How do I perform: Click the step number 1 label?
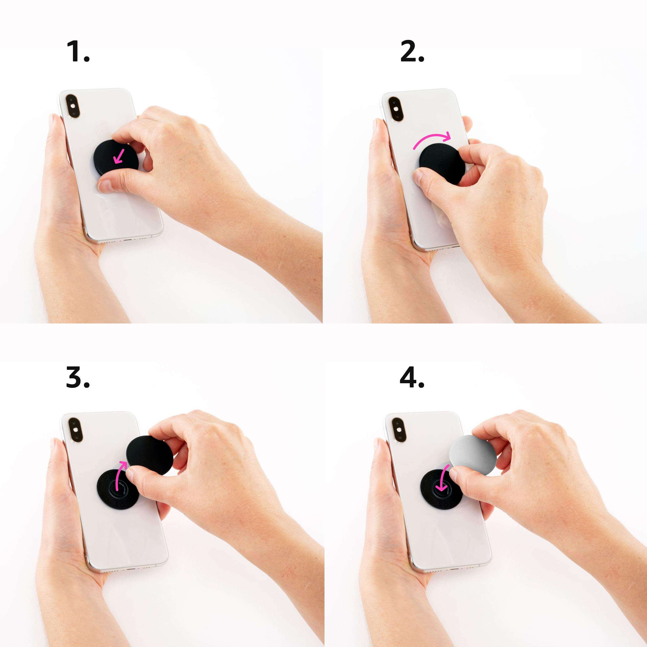tap(78, 51)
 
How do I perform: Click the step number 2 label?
tap(412, 51)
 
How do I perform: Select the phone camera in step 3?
tap(74, 430)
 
